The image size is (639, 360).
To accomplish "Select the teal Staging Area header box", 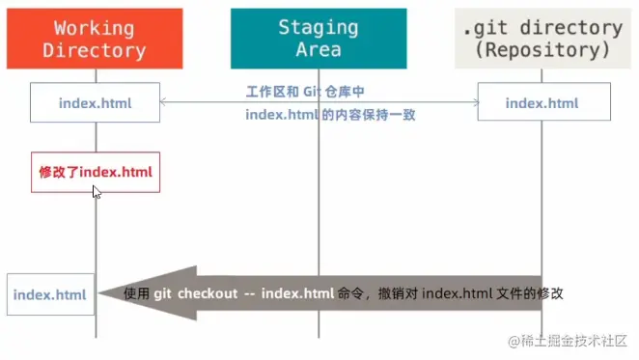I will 318,38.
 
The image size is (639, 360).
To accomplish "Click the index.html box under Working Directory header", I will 95,102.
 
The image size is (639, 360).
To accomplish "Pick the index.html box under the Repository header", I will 542,102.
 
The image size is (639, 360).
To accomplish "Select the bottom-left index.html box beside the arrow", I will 49,293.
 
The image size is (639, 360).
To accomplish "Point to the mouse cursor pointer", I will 96,191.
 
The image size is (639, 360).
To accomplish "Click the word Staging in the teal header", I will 318,27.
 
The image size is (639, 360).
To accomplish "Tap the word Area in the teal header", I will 318,49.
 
